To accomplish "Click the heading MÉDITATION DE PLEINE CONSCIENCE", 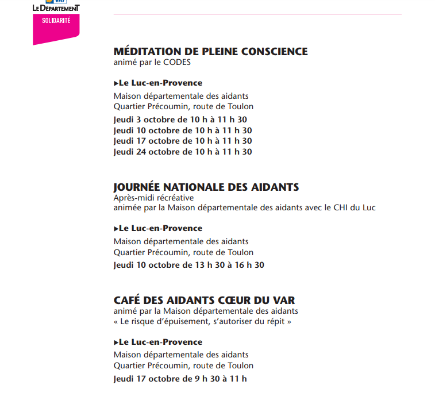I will [210, 52].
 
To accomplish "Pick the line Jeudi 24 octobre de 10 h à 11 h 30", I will [183, 152].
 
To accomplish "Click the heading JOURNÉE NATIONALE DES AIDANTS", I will [206, 187].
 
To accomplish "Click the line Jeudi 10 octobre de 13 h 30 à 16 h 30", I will [189, 265].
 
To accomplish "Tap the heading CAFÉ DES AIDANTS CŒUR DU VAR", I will [205, 301].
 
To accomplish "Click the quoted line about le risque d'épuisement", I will [202, 321].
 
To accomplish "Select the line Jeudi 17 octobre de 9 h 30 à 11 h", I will [180, 379].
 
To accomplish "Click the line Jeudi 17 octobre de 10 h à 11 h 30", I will [183, 141].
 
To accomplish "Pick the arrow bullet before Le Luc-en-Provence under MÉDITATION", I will [116, 83].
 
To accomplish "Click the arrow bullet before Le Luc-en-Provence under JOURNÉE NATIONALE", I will [116, 229].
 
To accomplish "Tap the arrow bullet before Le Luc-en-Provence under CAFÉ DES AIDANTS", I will [116, 342].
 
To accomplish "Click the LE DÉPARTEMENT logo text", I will [56, 8].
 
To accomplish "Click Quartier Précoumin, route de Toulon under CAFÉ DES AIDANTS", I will [183, 365].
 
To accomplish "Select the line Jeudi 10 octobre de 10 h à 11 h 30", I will [183, 130].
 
